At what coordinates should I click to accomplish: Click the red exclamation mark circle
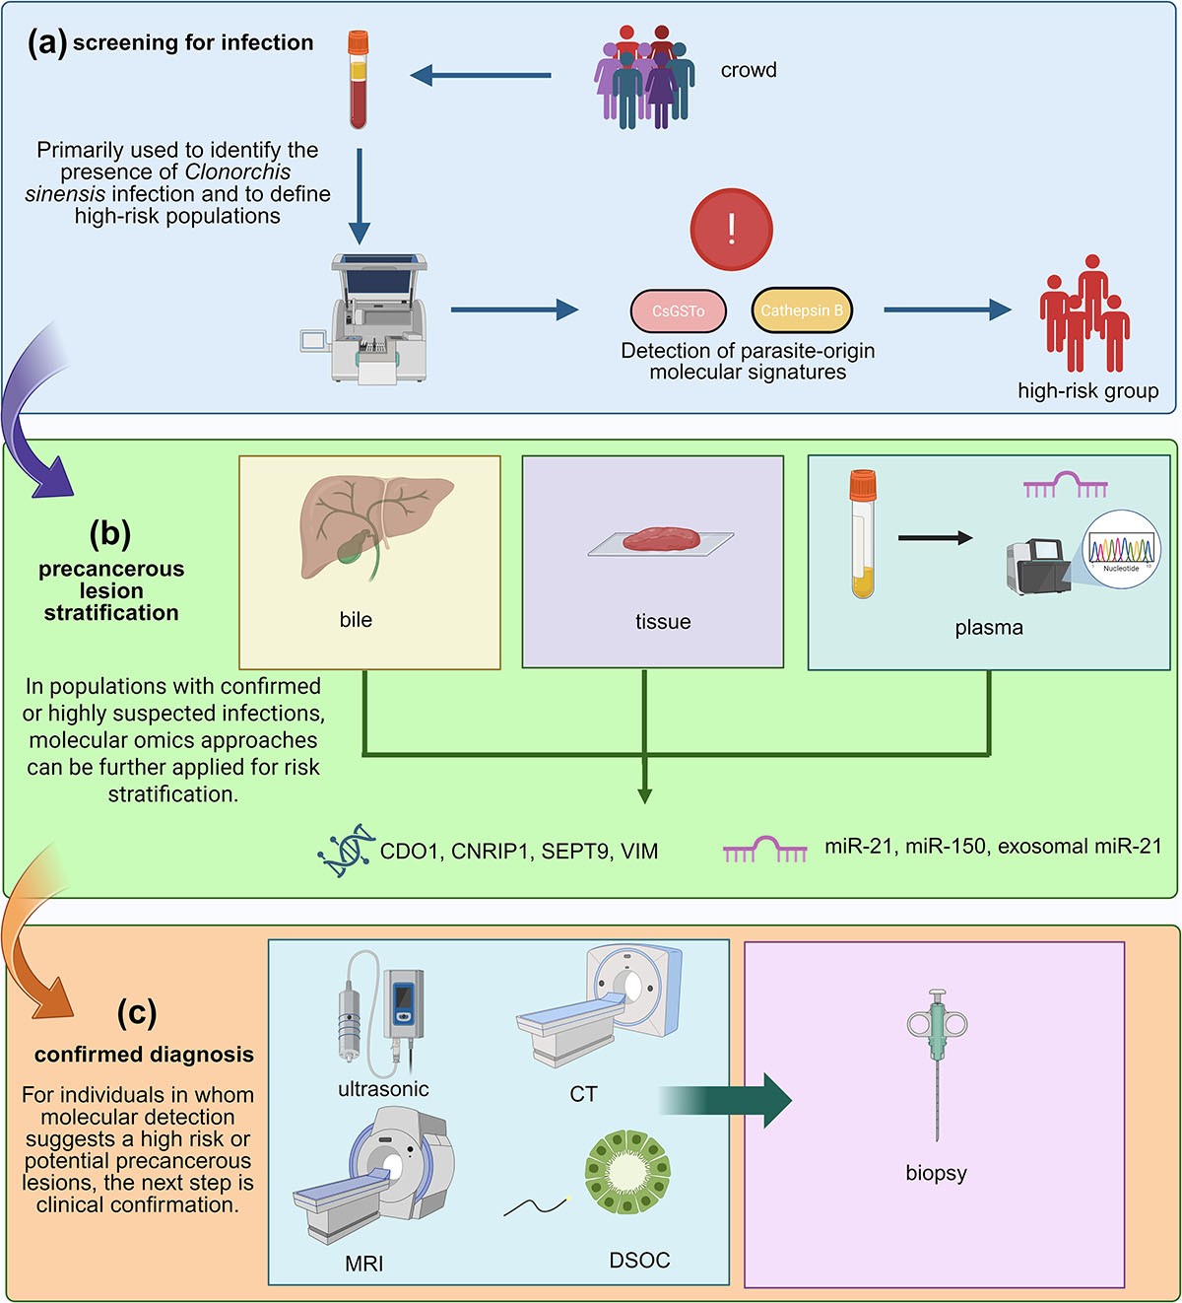731,230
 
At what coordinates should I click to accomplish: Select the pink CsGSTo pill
679,311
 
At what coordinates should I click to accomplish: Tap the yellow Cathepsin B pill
802,310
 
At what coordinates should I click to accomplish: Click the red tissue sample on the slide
660,539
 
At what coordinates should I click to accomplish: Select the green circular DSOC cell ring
627,1172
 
